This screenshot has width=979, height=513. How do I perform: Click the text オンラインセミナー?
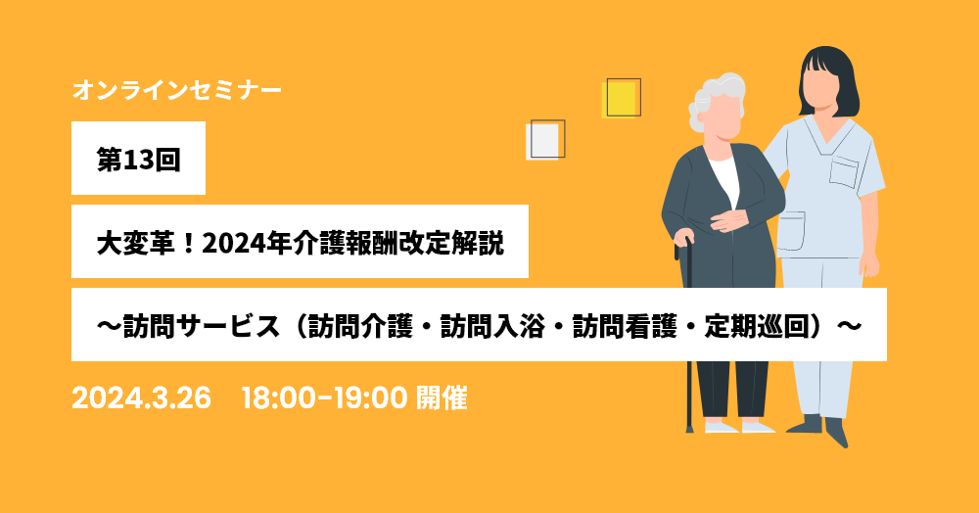pyautogui.click(x=176, y=90)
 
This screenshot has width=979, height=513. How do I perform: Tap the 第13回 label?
pyautogui.click(x=139, y=160)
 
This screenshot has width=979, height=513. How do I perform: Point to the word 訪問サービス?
pyautogui.click(x=201, y=326)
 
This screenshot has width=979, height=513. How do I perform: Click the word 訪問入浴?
pyautogui.click(x=493, y=326)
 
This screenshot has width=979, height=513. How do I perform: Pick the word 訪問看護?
pyautogui.click(x=625, y=326)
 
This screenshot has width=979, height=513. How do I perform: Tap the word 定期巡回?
pyautogui.click(x=758, y=326)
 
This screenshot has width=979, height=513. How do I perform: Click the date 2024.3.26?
pyautogui.click(x=142, y=398)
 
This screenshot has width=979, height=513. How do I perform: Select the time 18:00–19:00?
pyautogui.click(x=325, y=398)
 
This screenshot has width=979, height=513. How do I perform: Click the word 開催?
pyautogui.click(x=442, y=398)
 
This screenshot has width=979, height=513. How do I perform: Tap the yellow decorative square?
pyautogui.click(x=620, y=99)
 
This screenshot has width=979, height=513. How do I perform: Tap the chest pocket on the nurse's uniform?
pyautogui.click(x=844, y=171)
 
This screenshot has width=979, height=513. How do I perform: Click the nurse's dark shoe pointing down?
pyautogui.click(x=837, y=431)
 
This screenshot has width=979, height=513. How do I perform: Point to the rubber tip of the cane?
pyautogui.click(x=689, y=428)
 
